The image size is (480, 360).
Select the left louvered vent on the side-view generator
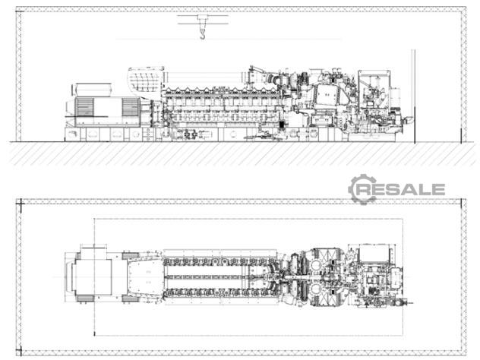coord(85,107)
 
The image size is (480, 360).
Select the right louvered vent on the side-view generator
coord(131,107)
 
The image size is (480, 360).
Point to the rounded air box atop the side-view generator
coord(93,90)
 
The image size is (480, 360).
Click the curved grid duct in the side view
coord(144,80)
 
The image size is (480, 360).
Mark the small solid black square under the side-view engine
coord(282,125)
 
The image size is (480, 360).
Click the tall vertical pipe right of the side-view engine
coord(414,96)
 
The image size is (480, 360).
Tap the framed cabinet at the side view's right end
coord(374,89)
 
